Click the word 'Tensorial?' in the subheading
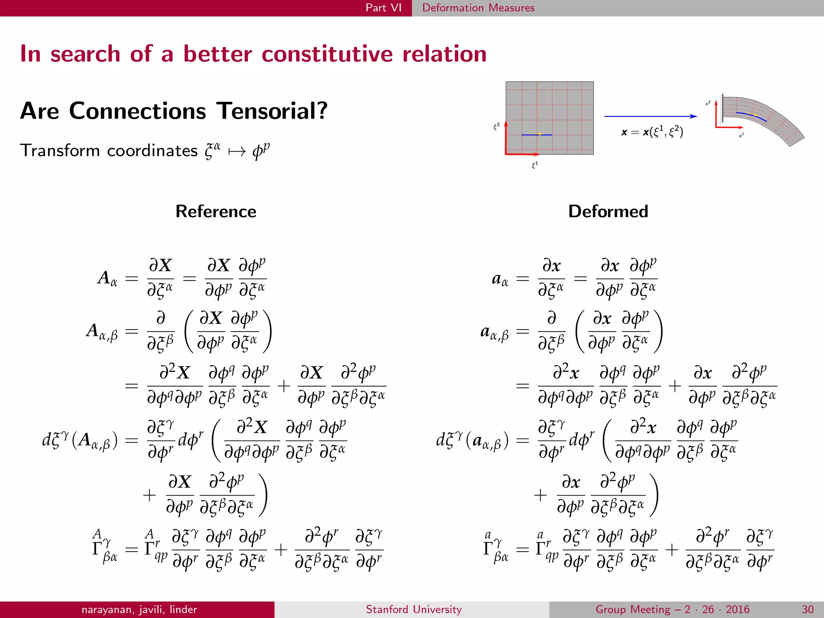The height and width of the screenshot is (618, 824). [272, 111]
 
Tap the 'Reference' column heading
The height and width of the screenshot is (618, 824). [216, 211]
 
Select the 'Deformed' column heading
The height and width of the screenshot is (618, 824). [608, 211]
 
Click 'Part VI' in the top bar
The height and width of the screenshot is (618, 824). [383, 8]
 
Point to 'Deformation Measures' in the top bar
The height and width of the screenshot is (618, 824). [478, 8]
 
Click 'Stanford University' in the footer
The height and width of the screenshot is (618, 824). [414, 609]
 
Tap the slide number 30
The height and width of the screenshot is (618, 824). [808, 609]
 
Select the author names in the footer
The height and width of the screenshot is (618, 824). [139, 609]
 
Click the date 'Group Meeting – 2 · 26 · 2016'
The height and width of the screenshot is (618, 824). [672, 609]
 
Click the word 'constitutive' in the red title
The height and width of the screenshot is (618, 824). [327, 54]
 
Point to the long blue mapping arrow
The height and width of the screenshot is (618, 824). [650, 116]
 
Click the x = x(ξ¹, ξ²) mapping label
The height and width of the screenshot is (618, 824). [652, 132]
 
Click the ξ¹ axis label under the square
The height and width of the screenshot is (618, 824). [535, 165]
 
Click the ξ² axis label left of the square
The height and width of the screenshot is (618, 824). [496, 126]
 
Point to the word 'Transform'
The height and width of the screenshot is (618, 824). [59, 150]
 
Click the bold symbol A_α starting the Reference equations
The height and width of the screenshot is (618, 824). [107, 278]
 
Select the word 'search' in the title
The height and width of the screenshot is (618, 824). [85, 54]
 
